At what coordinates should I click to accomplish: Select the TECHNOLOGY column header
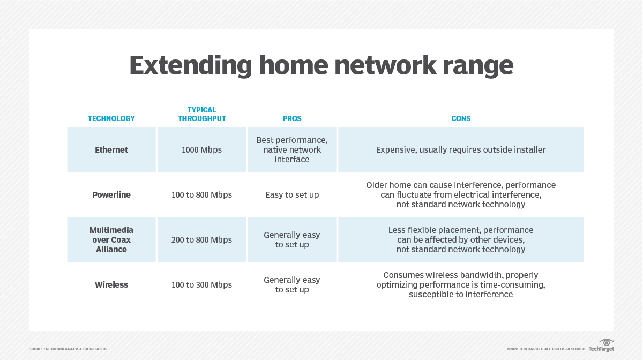tap(111, 118)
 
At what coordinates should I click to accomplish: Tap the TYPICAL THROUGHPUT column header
tap(202, 114)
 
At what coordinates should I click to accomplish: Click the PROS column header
tap(292, 118)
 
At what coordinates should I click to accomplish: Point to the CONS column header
tap(461, 118)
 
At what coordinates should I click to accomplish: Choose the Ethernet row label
tap(111, 150)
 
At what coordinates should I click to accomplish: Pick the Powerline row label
tap(111, 195)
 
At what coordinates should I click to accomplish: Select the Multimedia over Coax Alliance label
tap(111, 239)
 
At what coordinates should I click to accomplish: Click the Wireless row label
tap(111, 285)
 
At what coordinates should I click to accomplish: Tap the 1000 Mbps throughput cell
tap(202, 150)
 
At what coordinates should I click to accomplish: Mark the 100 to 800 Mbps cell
tap(202, 195)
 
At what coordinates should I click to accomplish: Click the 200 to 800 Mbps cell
tap(202, 240)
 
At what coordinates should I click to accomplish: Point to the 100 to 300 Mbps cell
tap(202, 285)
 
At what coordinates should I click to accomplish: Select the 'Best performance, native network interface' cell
tap(292, 149)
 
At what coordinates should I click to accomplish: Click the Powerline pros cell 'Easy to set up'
tap(292, 195)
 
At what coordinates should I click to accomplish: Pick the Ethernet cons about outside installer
tap(461, 150)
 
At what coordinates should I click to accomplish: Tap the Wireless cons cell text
tap(461, 284)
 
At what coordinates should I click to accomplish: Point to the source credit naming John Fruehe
tap(68, 349)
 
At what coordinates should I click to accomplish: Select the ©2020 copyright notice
tap(546, 349)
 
